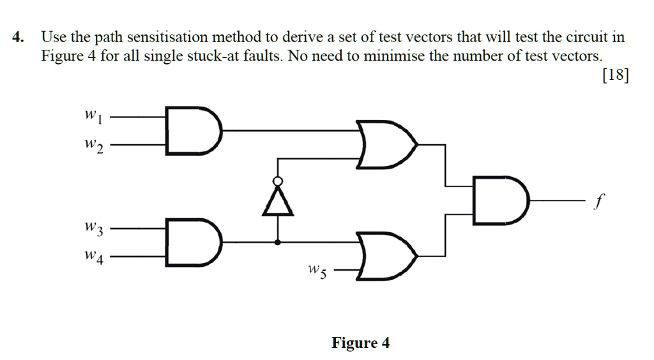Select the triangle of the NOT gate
point(278,203)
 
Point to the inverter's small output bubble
point(278,181)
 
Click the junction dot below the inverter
point(278,243)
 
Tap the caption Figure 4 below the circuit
point(360,343)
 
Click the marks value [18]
point(615,75)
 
